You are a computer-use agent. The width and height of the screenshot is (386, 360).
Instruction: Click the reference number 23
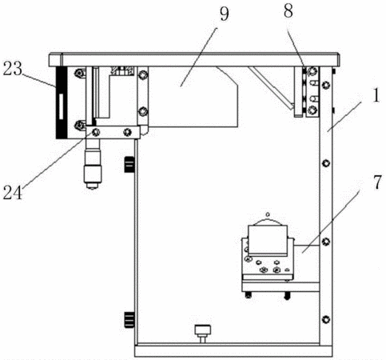coord(12,69)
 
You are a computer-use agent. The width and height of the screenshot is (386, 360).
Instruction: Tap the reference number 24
coord(13,193)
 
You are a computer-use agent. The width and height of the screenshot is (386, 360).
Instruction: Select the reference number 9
coord(224,14)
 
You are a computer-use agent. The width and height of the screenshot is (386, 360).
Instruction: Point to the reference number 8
coord(289,11)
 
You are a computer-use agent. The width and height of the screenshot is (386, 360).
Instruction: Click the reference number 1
coord(376,96)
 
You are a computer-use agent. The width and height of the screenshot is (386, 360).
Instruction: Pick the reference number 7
coord(377,182)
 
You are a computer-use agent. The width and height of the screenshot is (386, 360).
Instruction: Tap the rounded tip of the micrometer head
coord(92,187)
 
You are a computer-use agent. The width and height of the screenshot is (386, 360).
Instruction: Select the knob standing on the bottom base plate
coord(203,334)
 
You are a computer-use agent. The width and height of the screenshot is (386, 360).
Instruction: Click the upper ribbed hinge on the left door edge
coord(129,165)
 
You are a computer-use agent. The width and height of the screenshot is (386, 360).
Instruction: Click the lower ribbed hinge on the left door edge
coord(129,319)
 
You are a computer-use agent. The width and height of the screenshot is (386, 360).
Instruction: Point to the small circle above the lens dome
coord(268,214)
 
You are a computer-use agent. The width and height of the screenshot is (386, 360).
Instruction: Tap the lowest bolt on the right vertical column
coord(326,319)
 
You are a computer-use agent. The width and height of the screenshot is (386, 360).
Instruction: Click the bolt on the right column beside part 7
coord(326,242)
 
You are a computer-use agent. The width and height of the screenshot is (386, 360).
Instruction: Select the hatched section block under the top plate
coord(122,70)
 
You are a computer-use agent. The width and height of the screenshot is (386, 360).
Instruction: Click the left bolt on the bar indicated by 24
coord(96,132)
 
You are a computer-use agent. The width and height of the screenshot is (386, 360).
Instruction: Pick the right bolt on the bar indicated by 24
coord(128,132)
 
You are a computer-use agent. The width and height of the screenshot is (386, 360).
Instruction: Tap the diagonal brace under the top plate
coord(271,88)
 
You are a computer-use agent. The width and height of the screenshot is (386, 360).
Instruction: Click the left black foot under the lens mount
coord(249,295)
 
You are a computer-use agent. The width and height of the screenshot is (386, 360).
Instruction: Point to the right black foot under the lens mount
coord(287,295)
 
